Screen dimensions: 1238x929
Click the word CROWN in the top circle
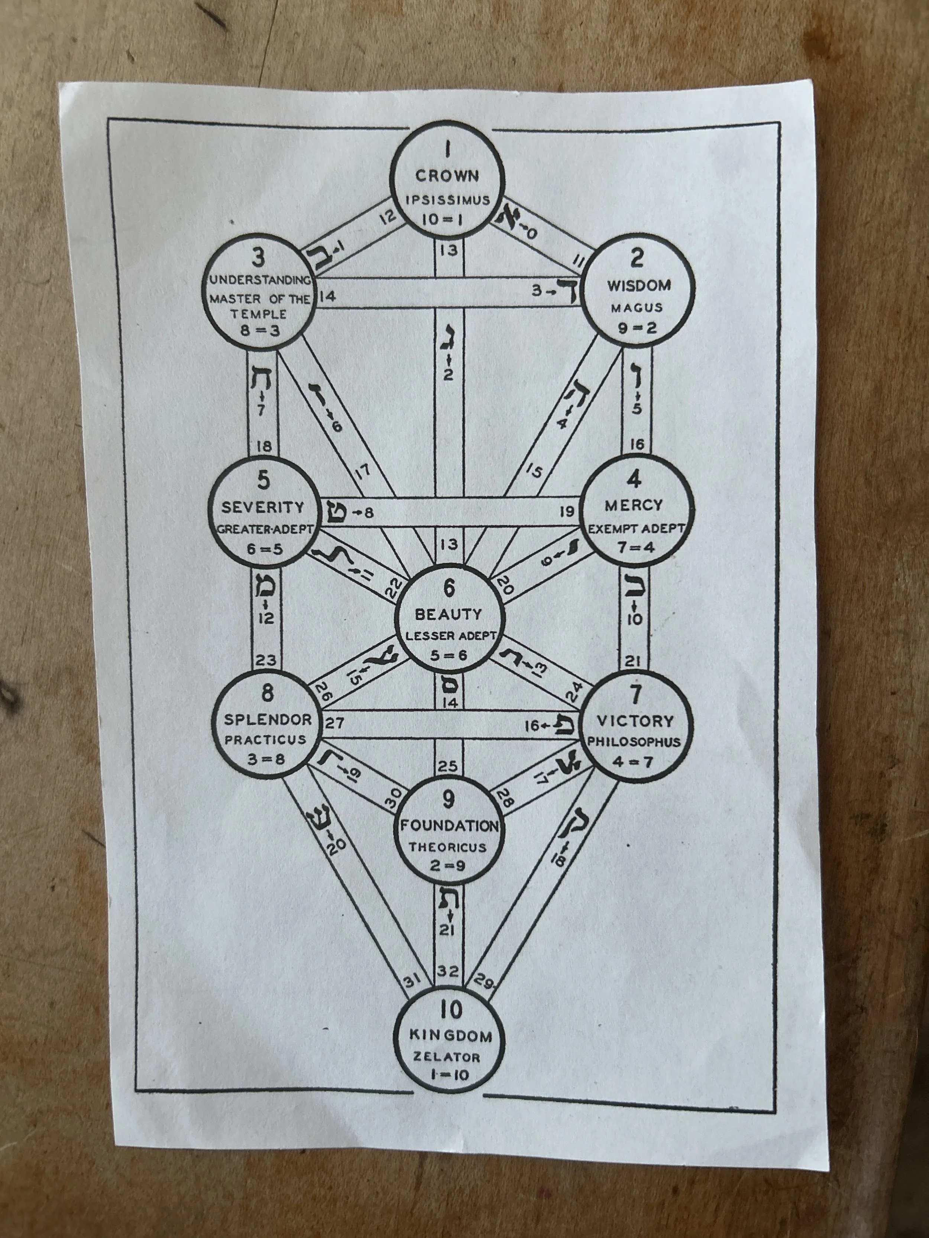[447, 176]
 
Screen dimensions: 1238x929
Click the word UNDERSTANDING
[259, 280]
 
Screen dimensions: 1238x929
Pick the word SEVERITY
[263, 508]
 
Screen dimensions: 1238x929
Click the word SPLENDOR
[268, 720]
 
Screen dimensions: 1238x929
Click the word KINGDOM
[451, 1036]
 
